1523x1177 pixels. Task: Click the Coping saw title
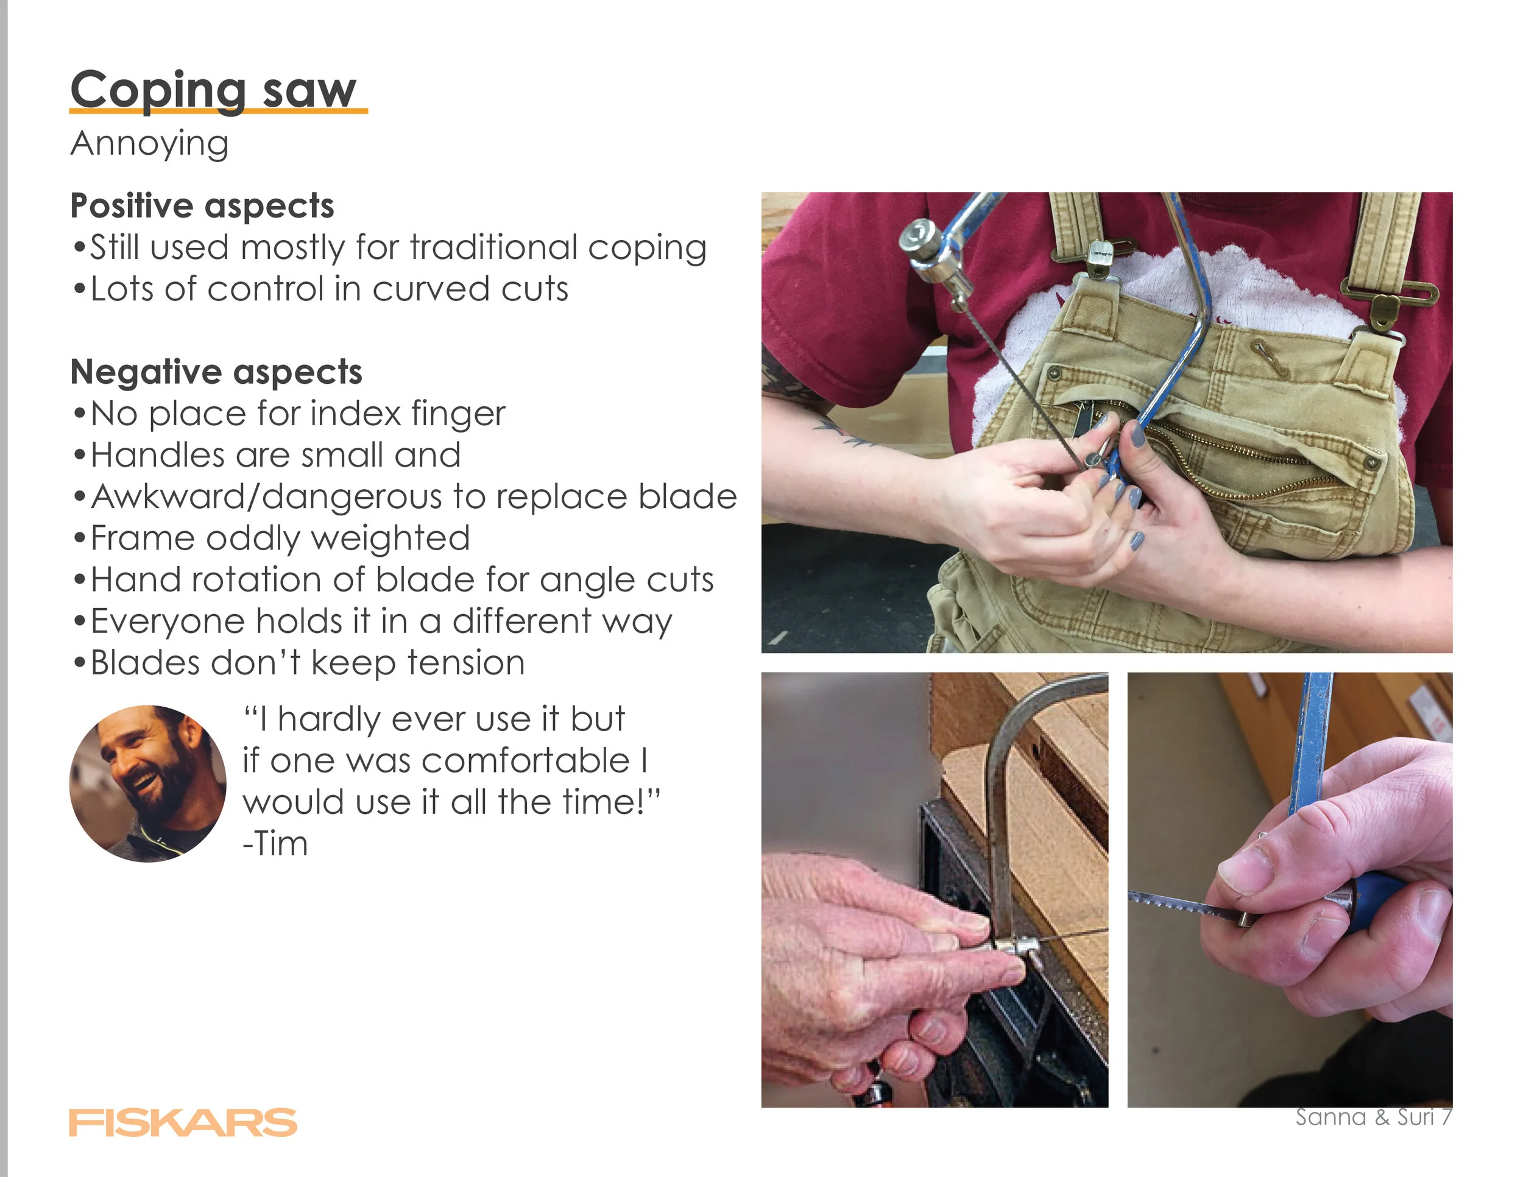tap(213, 91)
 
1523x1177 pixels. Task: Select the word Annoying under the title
tap(149, 144)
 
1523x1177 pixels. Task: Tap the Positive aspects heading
tap(202, 206)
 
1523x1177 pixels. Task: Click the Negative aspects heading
tap(216, 372)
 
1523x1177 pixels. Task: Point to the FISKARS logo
tap(183, 1122)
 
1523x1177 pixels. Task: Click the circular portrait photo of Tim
tap(148, 783)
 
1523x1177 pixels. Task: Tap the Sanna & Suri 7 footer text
tap(1374, 1117)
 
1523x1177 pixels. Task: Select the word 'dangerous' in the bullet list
tap(353, 497)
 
